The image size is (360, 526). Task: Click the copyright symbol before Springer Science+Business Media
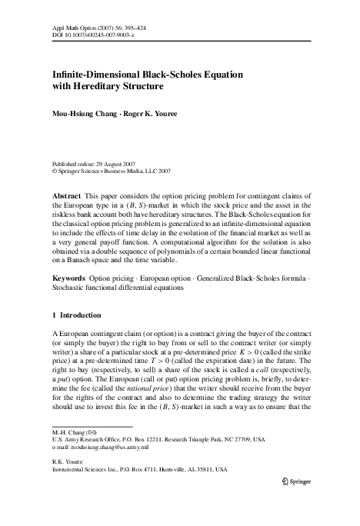(54, 171)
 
